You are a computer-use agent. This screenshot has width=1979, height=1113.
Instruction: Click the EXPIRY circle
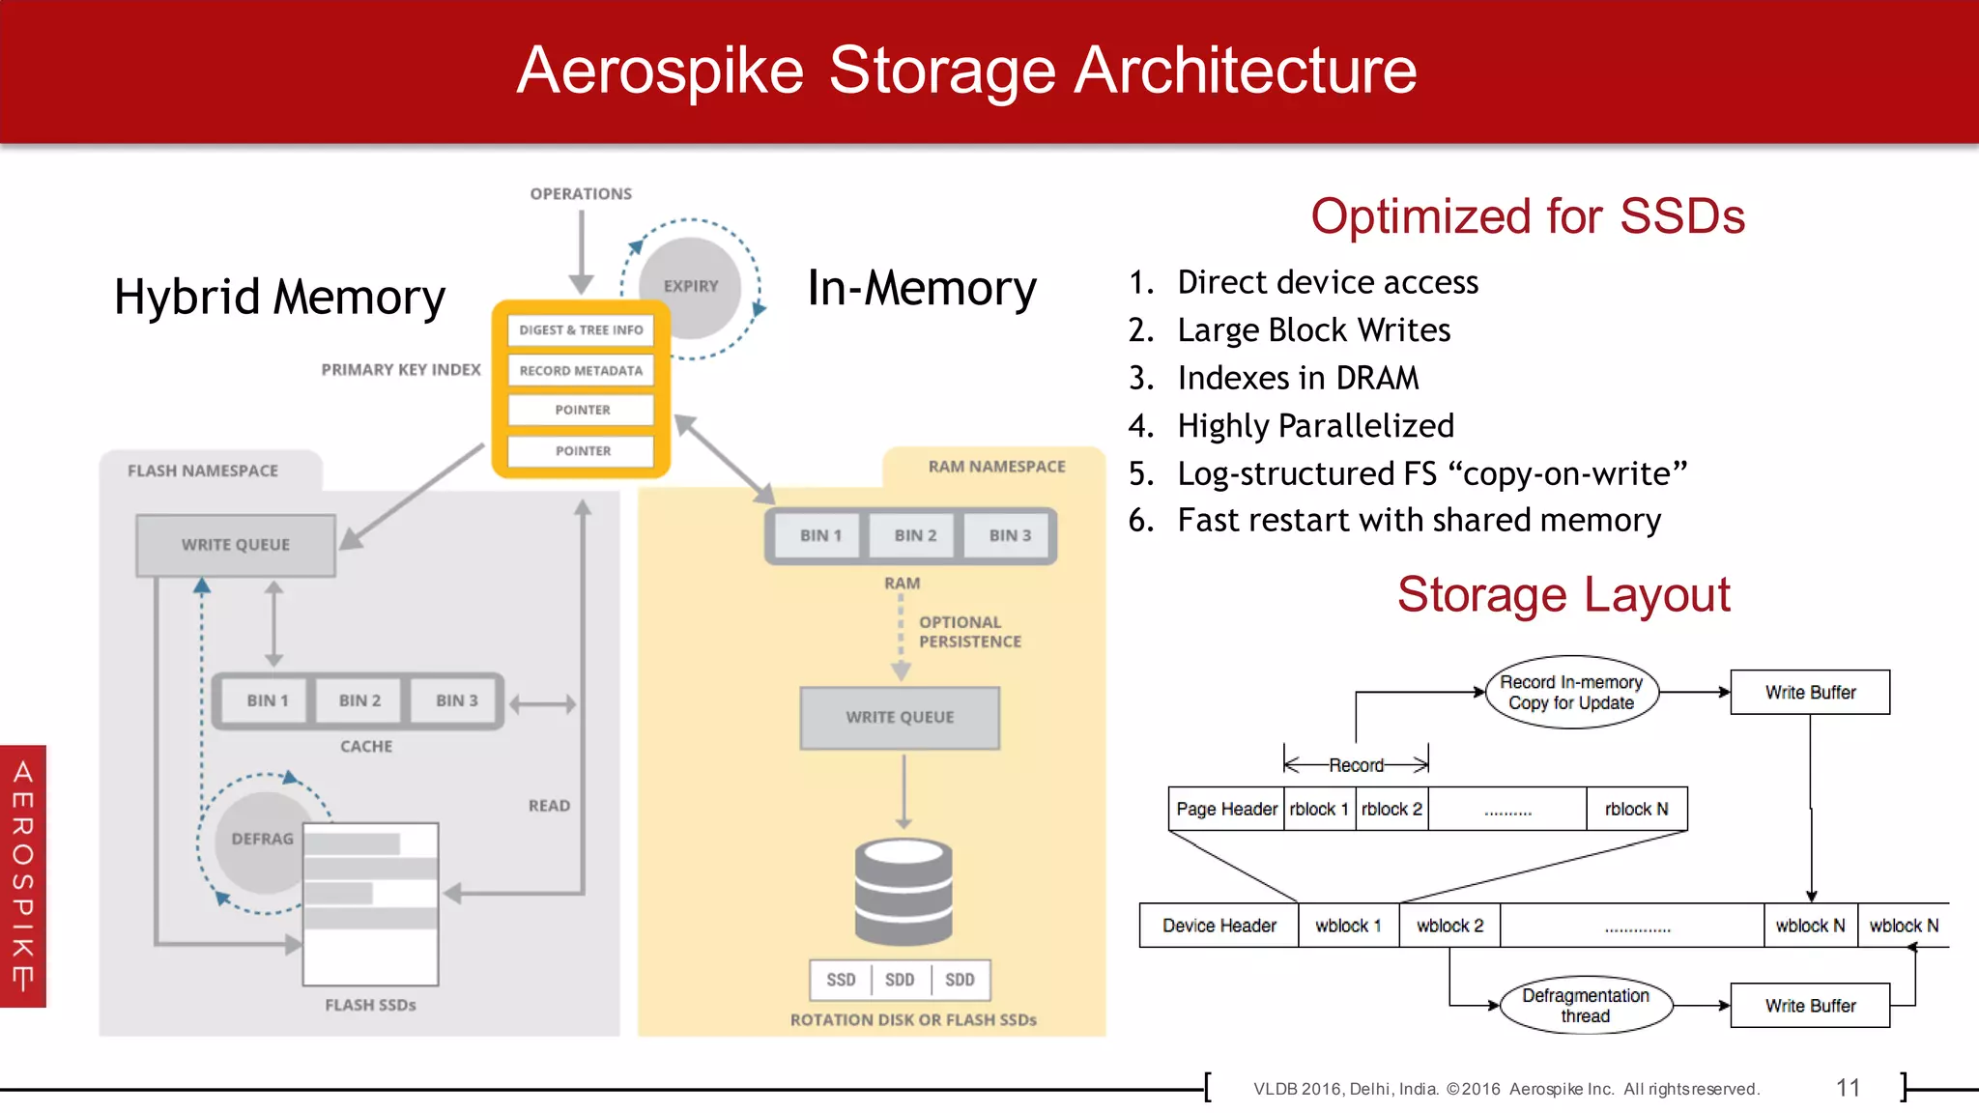(x=691, y=287)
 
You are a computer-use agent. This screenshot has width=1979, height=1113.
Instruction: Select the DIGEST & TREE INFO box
(x=581, y=329)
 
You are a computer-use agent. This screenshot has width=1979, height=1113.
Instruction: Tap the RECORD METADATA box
(x=581, y=370)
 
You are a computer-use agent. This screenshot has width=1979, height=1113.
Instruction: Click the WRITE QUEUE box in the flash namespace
(x=236, y=545)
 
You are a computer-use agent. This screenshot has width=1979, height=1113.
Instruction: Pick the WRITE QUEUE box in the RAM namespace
(x=900, y=718)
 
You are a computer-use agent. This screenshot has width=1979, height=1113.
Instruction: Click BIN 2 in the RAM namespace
(x=914, y=535)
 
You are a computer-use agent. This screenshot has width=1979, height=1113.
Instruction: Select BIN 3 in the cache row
(x=456, y=700)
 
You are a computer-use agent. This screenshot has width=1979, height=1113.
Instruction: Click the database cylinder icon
(x=903, y=891)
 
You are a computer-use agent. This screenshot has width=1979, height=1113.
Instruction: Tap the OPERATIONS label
(x=581, y=194)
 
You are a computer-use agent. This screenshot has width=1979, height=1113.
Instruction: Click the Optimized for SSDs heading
(x=1527, y=216)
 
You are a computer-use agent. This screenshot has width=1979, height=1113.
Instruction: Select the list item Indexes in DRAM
(x=1297, y=378)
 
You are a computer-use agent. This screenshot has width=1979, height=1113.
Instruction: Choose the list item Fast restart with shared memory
(x=1419, y=521)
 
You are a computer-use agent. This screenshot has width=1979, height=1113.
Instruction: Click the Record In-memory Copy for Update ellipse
(x=1571, y=693)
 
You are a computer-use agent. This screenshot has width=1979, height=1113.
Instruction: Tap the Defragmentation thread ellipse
(x=1585, y=1006)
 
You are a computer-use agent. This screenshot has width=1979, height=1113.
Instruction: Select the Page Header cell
(x=1226, y=810)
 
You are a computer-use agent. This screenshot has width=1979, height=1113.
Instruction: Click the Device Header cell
(x=1219, y=926)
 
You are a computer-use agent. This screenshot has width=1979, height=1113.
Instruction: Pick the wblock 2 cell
(x=1449, y=926)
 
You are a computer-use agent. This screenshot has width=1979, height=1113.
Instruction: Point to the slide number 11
(x=1848, y=1088)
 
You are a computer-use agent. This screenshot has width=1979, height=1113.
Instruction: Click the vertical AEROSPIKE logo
(x=23, y=875)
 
